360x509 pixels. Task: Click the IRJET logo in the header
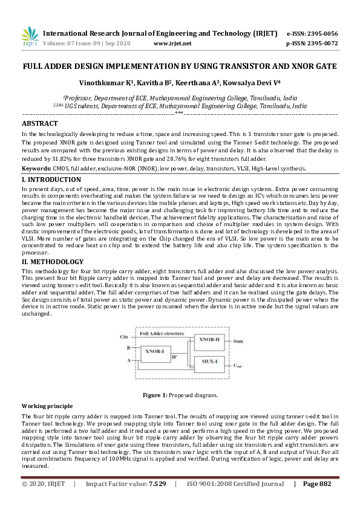pyautogui.click(x=29, y=37)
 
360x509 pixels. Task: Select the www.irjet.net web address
pyautogui.click(x=172, y=44)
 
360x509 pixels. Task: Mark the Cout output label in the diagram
pyautogui.click(x=238, y=366)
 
